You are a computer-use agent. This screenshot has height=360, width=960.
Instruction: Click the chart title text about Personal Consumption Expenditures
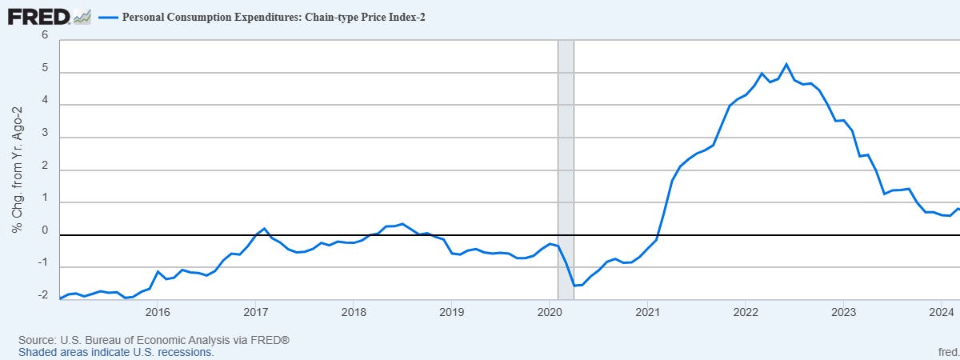click(x=273, y=17)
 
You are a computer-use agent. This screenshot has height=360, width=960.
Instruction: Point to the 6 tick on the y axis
click(x=45, y=36)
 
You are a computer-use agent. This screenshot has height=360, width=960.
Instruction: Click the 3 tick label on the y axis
click(x=45, y=137)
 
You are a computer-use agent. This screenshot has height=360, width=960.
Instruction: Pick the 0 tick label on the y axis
click(x=45, y=231)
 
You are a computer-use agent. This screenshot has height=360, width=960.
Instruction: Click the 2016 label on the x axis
click(x=157, y=311)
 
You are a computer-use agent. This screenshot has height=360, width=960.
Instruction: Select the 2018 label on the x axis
click(x=353, y=311)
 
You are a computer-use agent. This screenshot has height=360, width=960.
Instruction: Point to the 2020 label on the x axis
click(x=549, y=311)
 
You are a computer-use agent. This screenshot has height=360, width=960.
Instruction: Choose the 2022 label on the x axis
click(x=746, y=311)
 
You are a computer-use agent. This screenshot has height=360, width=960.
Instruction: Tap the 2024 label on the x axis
click(x=942, y=311)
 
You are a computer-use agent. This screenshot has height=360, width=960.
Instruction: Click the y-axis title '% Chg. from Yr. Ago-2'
click(x=16, y=170)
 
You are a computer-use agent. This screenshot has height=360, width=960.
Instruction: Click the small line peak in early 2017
click(x=265, y=229)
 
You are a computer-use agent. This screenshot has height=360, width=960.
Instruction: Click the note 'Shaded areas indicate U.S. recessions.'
click(x=116, y=352)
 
